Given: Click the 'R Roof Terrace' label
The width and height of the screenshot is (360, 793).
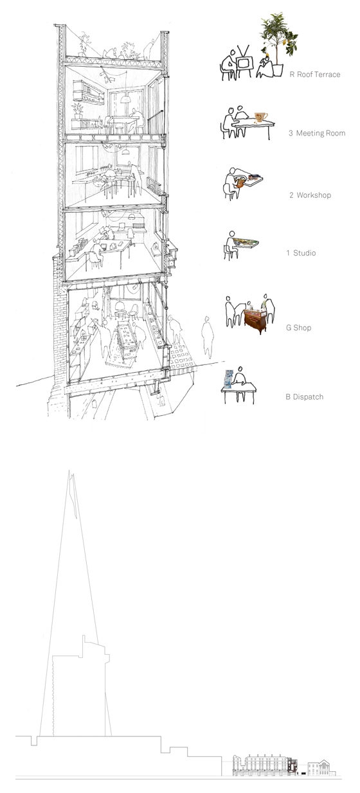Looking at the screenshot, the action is pos(315,75).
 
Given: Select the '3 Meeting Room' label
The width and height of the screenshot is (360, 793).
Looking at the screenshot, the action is pos(317,133).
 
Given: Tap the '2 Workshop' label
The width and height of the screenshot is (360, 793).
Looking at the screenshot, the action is pos(310,195).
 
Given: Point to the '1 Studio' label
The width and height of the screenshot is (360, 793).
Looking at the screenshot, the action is pos(301,253).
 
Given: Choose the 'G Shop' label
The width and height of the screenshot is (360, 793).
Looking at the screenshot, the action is pos(299,328).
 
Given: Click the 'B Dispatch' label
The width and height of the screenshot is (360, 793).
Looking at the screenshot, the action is pos(305,397).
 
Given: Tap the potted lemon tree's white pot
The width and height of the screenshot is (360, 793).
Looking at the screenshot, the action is pos(278,69).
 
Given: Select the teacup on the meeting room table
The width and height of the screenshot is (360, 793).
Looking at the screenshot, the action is pos(260,117).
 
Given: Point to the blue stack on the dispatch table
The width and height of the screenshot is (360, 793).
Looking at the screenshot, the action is pos(228,379).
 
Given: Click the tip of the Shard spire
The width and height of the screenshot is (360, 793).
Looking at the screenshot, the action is pos(69,470).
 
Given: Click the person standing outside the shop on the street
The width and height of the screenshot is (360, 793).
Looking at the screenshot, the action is pos(207,337).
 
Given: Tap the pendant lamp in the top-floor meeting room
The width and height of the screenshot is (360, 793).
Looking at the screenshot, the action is pos(125,99).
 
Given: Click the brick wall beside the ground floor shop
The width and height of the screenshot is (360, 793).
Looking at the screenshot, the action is pos(59,319).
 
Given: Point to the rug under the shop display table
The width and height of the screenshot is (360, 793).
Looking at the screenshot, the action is pos(120,357).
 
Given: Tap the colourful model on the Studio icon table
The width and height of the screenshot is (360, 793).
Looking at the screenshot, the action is pos(246,242).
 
